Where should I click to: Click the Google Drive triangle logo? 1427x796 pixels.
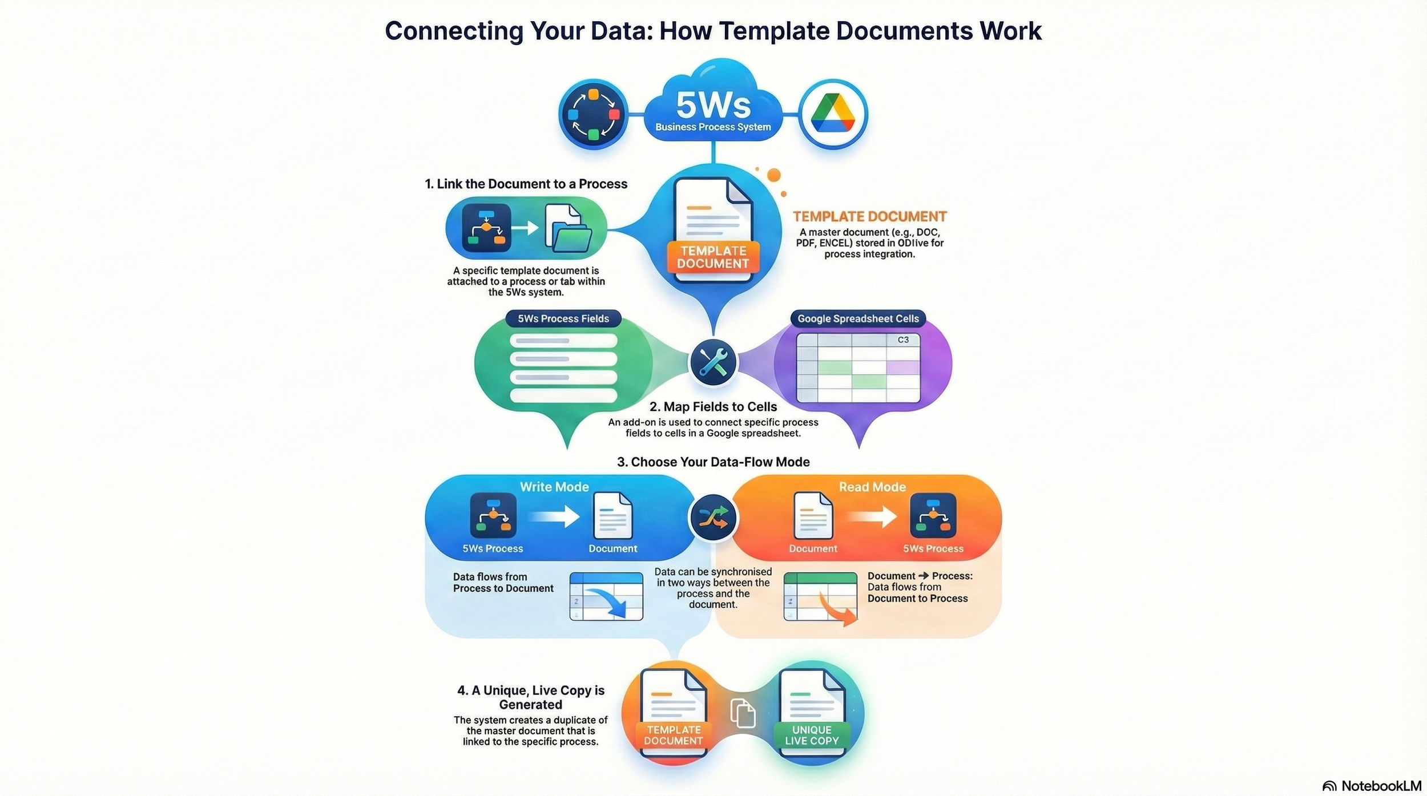pos(833,114)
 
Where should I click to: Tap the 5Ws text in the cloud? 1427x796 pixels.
pos(713,105)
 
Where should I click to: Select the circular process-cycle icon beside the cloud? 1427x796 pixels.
pos(593,114)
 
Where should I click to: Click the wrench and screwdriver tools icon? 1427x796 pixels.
pos(713,362)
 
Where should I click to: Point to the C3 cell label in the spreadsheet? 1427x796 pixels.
pos(903,340)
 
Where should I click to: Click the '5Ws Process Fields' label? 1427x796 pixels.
pos(563,319)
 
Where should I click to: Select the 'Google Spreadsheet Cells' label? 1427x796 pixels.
pos(858,319)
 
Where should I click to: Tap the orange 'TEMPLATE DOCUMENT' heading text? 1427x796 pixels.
pos(869,217)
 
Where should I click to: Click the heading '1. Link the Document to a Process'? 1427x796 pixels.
pos(526,184)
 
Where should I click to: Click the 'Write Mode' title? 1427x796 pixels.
pos(554,487)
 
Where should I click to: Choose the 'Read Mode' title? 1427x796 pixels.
pos(872,487)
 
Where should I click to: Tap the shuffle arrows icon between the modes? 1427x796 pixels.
pos(713,518)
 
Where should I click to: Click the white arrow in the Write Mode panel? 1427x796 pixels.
pos(553,517)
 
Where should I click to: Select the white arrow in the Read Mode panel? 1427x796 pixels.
pos(872,517)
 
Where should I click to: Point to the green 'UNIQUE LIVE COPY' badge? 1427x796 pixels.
pos(812,735)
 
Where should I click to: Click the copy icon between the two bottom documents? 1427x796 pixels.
pos(743,713)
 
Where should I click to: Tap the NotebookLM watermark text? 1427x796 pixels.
pos(1381,786)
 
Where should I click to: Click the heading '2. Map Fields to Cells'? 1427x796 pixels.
pos(713,407)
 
